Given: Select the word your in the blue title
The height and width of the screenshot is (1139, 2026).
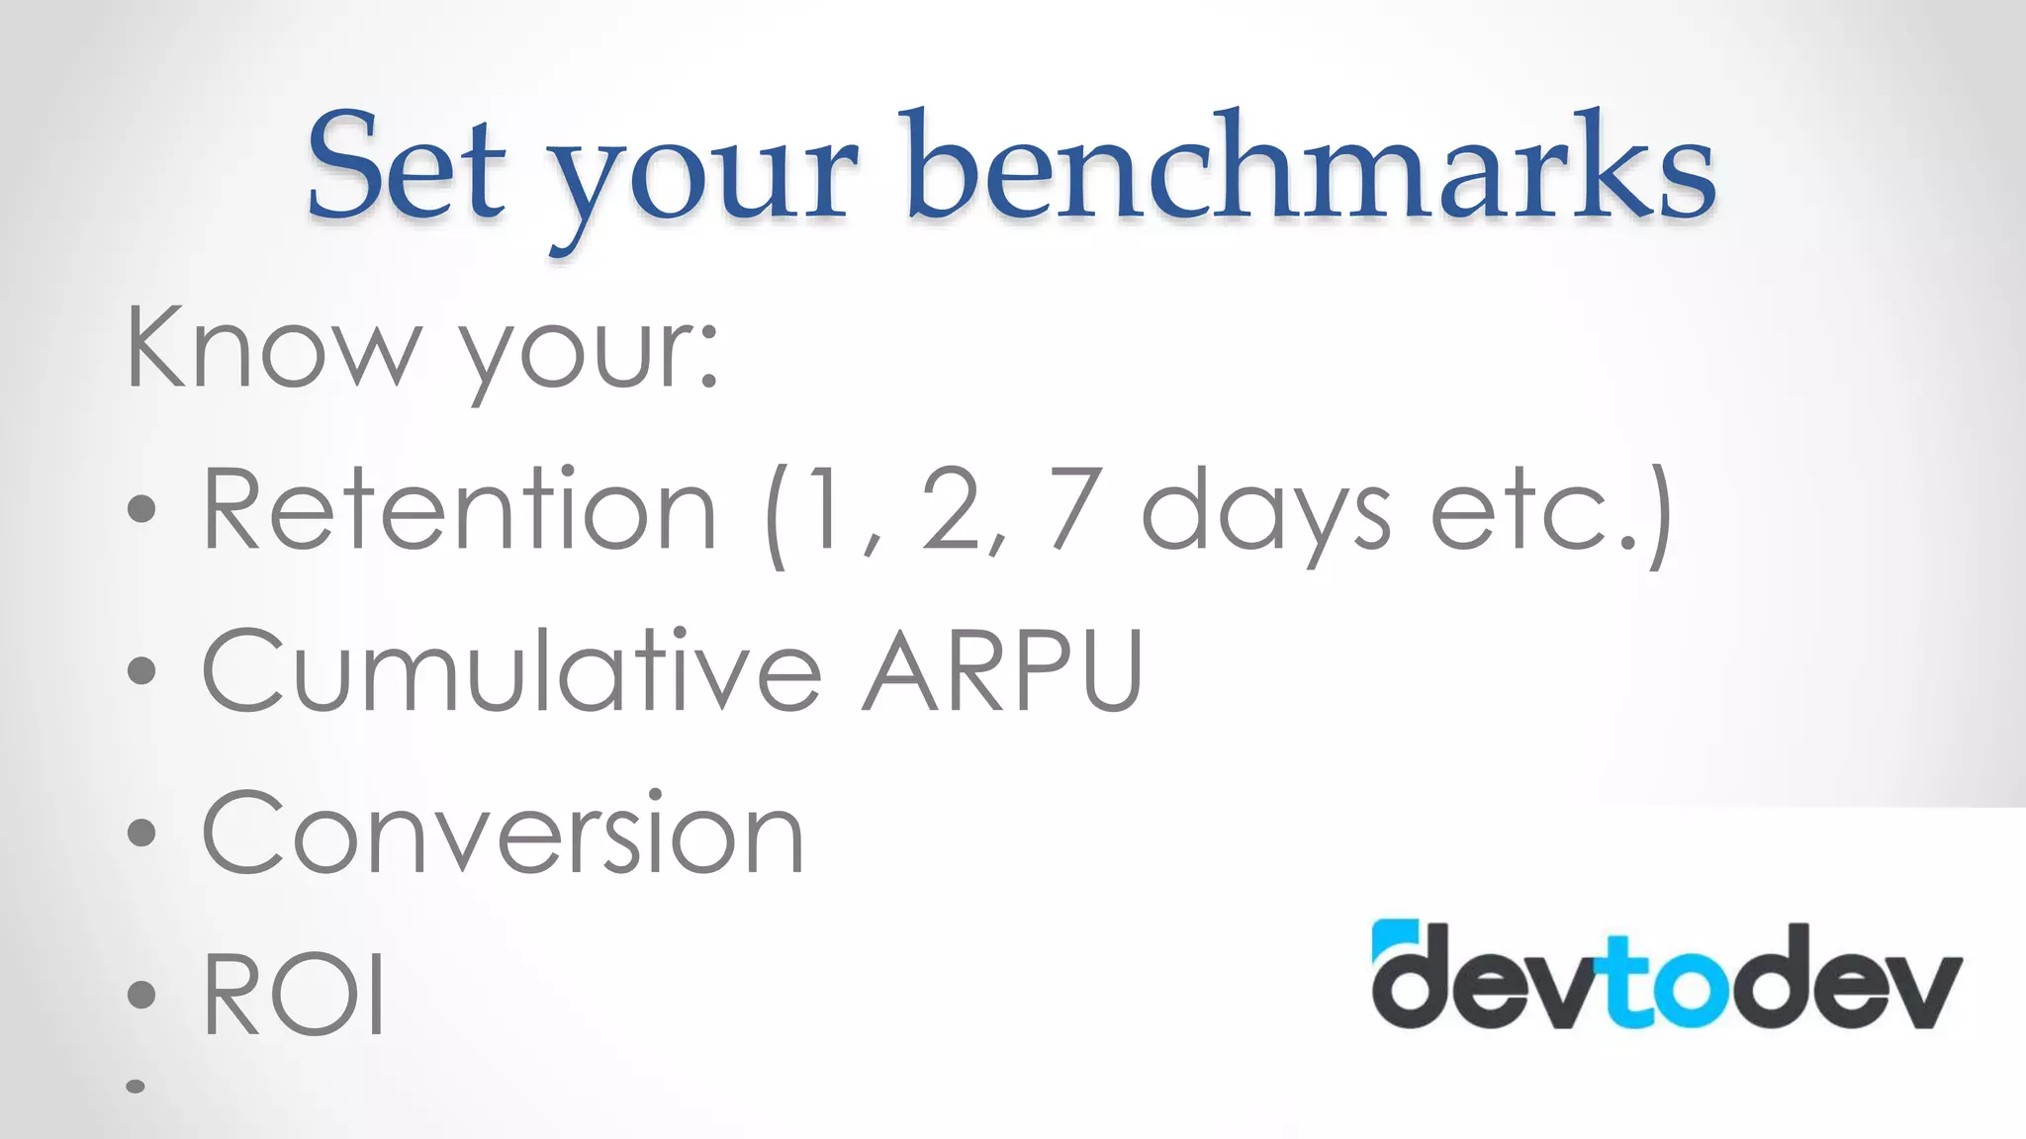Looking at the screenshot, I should [x=703, y=178].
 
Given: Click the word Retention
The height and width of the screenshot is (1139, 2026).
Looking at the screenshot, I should [x=459, y=509].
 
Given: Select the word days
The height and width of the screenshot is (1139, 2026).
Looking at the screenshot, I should [x=1265, y=514].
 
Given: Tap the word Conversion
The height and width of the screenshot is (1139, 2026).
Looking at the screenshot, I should [x=503, y=832].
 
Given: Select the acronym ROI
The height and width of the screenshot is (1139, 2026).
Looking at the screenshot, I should [x=294, y=994].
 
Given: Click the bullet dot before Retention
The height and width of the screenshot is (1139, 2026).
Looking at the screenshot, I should [x=142, y=509].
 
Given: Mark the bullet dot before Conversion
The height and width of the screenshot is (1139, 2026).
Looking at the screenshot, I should [x=142, y=832].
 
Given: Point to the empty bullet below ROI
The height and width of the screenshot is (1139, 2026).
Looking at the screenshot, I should [x=137, y=1087].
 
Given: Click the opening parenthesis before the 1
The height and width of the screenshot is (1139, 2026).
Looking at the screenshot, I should [x=777, y=514].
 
